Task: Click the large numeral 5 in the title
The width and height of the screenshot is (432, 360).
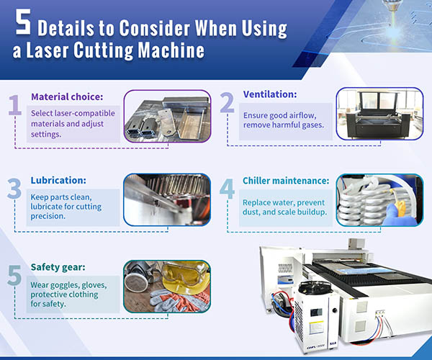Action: point(23,26)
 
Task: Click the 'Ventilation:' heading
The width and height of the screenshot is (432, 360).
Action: point(271,94)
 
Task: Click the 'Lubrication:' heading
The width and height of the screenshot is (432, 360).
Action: point(60,181)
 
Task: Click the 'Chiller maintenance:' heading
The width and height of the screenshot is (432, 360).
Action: point(286,181)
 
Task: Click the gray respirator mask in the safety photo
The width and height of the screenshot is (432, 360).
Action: point(141,276)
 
